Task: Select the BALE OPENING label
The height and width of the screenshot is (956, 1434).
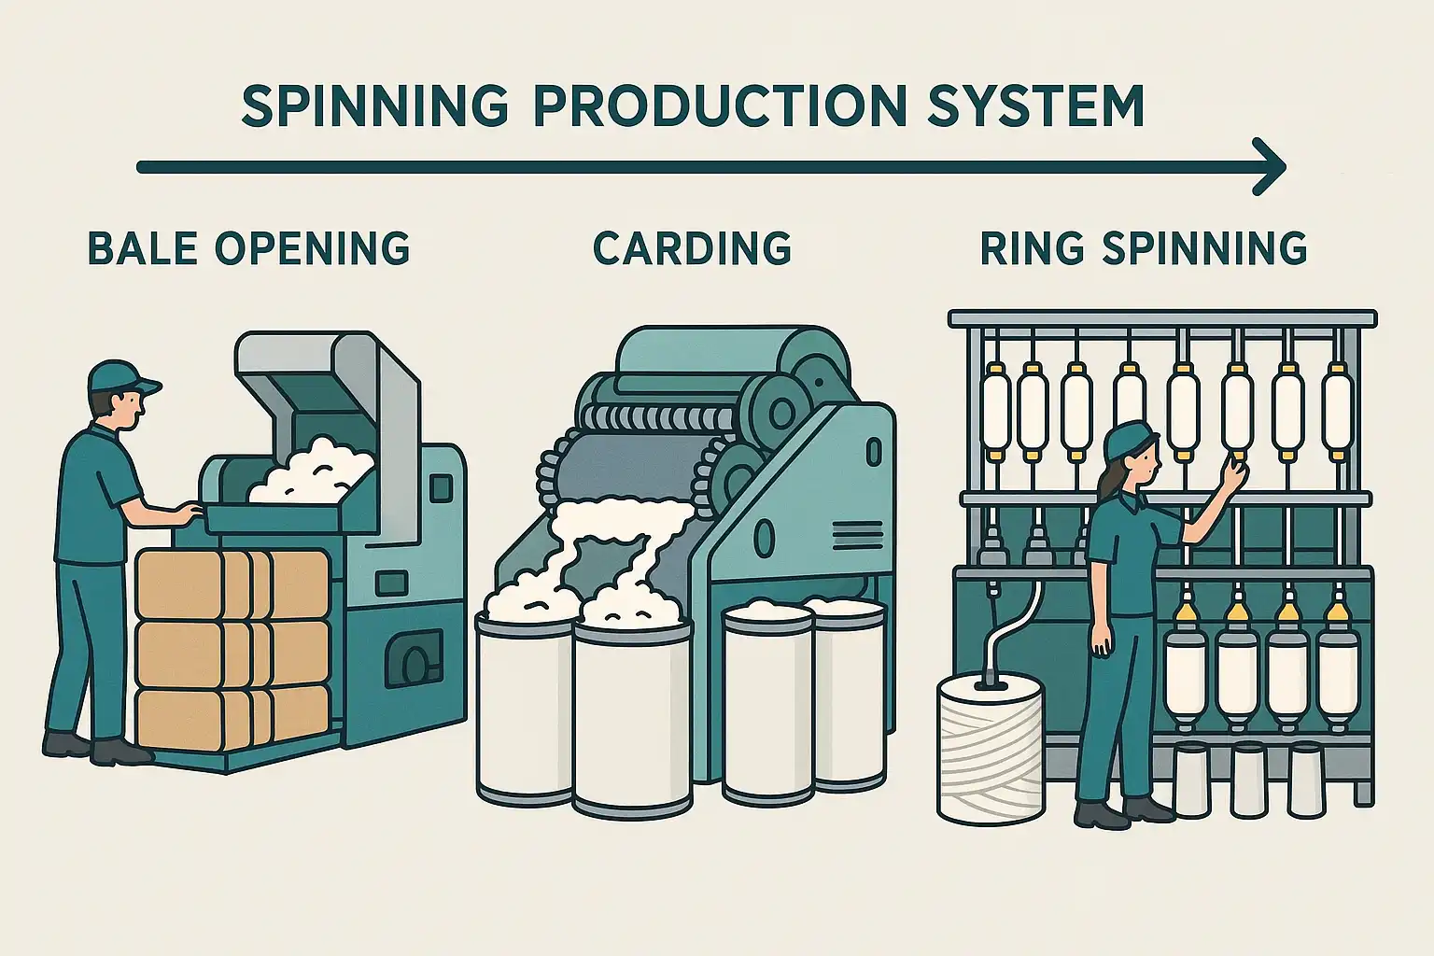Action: pyautogui.click(x=248, y=248)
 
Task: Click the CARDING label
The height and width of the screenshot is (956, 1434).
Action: pyautogui.click(x=692, y=248)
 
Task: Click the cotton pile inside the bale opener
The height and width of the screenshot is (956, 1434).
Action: pyautogui.click(x=308, y=476)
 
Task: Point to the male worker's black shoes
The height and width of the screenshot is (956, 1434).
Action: pyautogui.click(x=93, y=747)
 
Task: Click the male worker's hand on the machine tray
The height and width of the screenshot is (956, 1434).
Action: pyautogui.click(x=188, y=513)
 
